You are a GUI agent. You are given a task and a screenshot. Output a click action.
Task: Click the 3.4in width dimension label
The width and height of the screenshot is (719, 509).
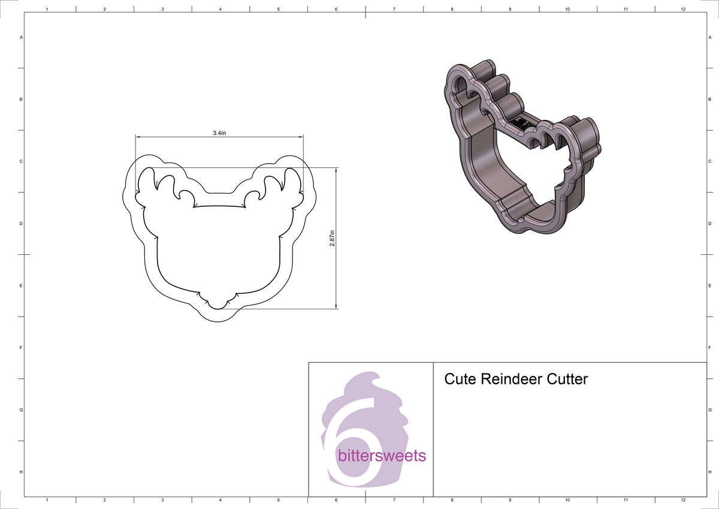click(219, 132)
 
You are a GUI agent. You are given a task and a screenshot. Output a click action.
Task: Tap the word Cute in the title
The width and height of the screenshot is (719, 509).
click(460, 380)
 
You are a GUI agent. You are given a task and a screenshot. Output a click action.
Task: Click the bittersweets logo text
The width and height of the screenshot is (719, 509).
click(382, 456)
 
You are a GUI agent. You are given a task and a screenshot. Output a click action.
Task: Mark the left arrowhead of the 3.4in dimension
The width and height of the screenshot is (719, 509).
click(137, 137)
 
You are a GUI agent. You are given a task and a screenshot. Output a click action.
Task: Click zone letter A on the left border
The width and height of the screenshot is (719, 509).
click(22, 37)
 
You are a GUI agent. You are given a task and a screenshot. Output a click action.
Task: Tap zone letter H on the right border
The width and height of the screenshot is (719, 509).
click(709, 472)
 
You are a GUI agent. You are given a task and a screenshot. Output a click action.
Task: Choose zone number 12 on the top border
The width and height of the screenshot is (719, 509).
click(684, 10)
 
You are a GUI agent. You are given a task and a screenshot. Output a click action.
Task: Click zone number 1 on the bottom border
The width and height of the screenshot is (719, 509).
click(47, 499)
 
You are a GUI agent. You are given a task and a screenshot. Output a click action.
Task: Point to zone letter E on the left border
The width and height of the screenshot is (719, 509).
click(22, 286)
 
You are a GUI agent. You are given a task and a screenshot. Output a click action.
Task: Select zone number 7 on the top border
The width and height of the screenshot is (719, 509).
click(394, 10)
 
